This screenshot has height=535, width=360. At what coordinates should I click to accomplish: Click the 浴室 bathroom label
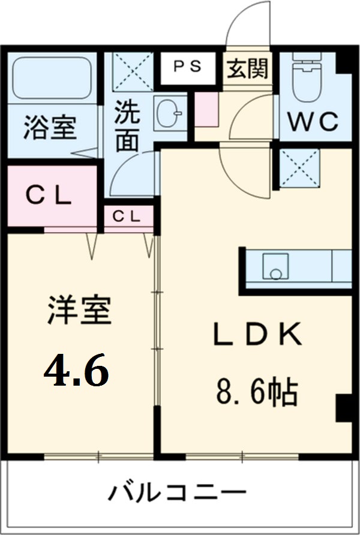tap(50, 130)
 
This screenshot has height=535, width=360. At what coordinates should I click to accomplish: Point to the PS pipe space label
tap(187, 67)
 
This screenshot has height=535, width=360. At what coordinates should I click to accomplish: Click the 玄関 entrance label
tap(247, 70)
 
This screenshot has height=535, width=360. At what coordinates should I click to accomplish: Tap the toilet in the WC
tap(307, 80)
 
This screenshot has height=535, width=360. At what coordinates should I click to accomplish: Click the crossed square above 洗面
tap(133, 71)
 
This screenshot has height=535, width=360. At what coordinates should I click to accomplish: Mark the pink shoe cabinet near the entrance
tap(206, 109)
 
